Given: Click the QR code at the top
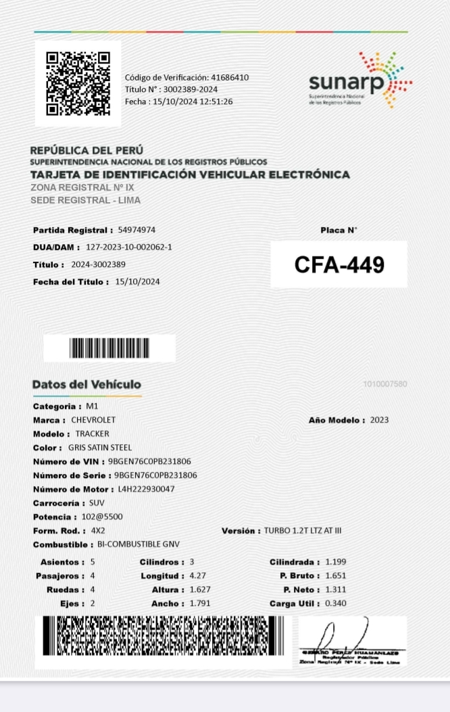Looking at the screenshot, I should (x=78, y=84).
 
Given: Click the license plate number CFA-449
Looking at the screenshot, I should (x=339, y=265).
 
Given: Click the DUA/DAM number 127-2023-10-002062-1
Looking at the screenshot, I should (x=128, y=247).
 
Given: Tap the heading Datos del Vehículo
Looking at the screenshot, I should (x=86, y=385).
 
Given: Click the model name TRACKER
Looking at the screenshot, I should (x=92, y=433).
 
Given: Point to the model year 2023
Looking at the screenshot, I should (x=379, y=420).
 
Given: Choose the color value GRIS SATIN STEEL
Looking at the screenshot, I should (x=100, y=448).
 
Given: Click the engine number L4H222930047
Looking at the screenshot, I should (x=146, y=489).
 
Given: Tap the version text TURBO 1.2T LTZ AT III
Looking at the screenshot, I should (x=303, y=531).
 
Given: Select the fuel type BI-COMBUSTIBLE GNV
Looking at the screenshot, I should (x=139, y=544).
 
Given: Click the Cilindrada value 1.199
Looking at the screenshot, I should (x=336, y=562).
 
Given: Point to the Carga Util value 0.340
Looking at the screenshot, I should (x=336, y=603).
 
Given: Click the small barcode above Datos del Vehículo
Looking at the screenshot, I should (x=109, y=348).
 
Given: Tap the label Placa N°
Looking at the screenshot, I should (x=339, y=231).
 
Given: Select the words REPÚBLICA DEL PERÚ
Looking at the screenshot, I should (x=86, y=150).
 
